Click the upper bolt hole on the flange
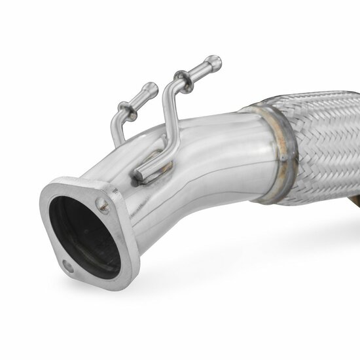(x=102, y=204)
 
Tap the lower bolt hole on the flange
(x=68, y=266)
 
